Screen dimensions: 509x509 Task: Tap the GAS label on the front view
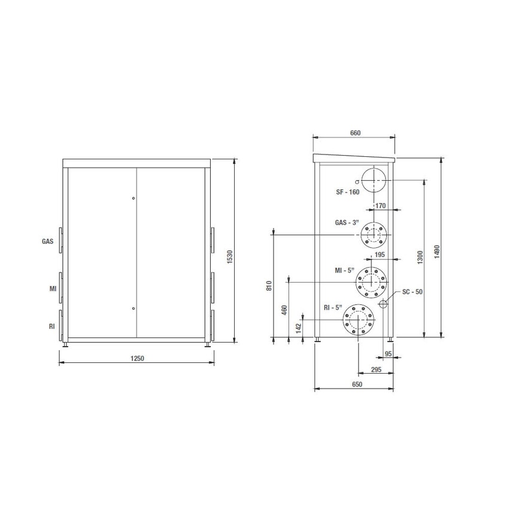pyautogui.click(x=48, y=242)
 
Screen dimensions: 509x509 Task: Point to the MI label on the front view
pyautogui.click(x=53, y=289)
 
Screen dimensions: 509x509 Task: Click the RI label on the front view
pyautogui.click(x=53, y=326)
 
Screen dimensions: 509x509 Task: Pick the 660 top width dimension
pyautogui.click(x=355, y=134)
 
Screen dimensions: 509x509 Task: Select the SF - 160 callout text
pyautogui.click(x=347, y=192)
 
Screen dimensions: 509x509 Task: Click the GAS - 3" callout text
pyautogui.click(x=347, y=222)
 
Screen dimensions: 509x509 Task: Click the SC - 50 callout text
pyautogui.click(x=413, y=292)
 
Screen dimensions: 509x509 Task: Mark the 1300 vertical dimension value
pyautogui.click(x=420, y=257)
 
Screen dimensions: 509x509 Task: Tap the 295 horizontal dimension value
pyautogui.click(x=376, y=369)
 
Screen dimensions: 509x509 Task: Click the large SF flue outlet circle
pyautogui.click(x=374, y=179)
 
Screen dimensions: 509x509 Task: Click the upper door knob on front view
pyautogui.click(x=134, y=198)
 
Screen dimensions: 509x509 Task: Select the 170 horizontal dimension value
pyautogui.click(x=380, y=206)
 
